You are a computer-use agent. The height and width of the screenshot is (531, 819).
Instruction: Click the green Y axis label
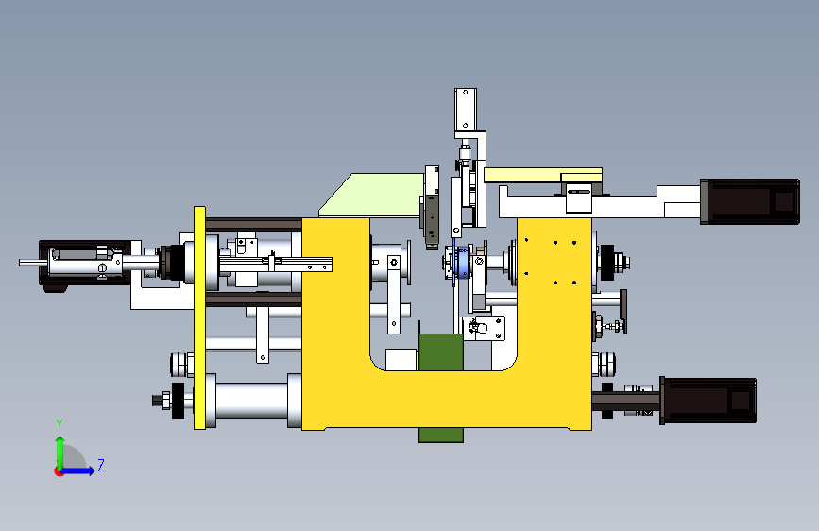click(x=60, y=425)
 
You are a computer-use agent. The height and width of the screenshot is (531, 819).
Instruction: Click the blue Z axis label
click(x=101, y=465)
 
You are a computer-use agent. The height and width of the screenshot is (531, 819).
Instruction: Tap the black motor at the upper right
click(x=750, y=202)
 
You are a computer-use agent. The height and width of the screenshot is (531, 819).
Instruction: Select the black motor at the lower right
click(x=708, y=401)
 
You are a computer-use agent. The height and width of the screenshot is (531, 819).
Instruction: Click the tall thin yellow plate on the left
click(x=199, y=317)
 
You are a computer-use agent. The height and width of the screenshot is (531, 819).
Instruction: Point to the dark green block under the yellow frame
click(x=441, y=387)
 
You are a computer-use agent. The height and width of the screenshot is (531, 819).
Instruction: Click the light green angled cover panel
click(x=372, y=195)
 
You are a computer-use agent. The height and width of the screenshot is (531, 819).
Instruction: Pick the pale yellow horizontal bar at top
click(x=542, y=175)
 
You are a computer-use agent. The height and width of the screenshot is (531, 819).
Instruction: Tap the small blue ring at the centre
click(x=462, y=263)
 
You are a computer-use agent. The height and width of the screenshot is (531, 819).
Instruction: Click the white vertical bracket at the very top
click(x=466, y=110)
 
